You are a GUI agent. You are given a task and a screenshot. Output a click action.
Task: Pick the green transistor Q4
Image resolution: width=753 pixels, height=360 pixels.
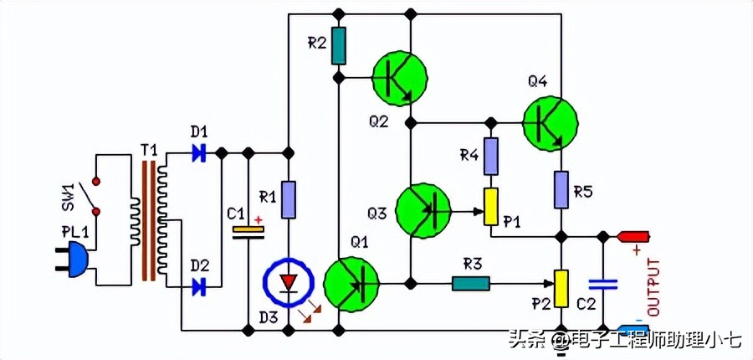click(x=551, y=122)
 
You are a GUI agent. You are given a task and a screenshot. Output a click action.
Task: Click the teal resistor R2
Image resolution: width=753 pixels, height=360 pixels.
click(x=338, y=46)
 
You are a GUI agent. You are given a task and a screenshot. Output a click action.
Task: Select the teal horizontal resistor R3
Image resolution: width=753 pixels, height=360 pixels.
click(x=470, y=283)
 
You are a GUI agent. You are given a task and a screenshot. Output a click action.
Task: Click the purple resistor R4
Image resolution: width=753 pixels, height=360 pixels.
click(x=491, y=156)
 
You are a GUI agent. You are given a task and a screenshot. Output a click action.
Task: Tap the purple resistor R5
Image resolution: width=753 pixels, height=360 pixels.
click(x=562, y=190)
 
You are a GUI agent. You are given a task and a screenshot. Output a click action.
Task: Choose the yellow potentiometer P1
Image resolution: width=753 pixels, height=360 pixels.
click(x=491, y=206)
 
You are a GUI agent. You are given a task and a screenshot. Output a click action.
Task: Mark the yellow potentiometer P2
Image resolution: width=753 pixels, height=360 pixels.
click(x=562, y=289)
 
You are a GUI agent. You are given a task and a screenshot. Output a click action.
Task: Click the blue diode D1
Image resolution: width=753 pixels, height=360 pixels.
click(x=199, y=153)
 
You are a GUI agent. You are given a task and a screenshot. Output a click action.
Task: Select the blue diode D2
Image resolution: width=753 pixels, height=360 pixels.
click(x=199, y=287)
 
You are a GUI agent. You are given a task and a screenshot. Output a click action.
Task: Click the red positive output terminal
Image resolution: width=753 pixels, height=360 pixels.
click(x=633, y=237)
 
